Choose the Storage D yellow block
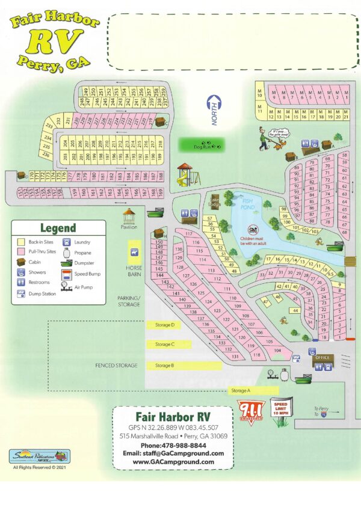[x=165, y=325]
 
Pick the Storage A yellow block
[x=240, y=391]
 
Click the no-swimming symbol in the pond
[x=253, y=230]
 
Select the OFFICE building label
[x=322, y=358]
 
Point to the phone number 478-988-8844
[x=173, y=445]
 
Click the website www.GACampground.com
[x=173, y=462]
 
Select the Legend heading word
[x=58, y=228]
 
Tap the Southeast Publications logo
[x=40, y=456]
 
